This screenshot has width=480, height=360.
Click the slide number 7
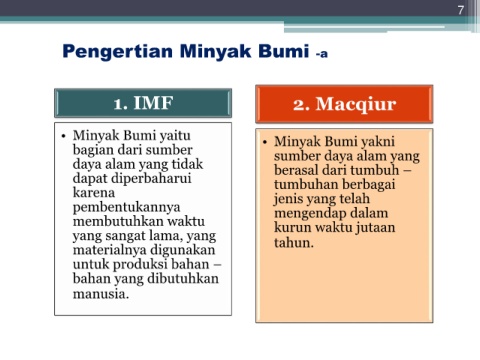click(x=461, y=10)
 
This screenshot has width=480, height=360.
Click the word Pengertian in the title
click(x=118, y=52)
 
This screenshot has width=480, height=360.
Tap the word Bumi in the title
click(x=284, y=51)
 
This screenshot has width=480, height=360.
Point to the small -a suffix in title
click(x=322, y=53)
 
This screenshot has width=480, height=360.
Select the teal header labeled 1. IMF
click(x=143, y=103)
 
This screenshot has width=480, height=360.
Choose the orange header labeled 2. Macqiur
click(x=344, y=104)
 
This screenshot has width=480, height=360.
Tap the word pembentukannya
click(x=126, y=208)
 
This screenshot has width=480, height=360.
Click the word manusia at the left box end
click(x=101, y=294)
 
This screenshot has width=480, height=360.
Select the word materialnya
click(x=109, y=250)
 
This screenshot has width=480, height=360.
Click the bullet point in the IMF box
click(x=63, y=136)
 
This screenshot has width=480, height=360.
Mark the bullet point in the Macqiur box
click(x=265, y=142)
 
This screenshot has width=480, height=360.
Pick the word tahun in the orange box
click(x=292, y=242)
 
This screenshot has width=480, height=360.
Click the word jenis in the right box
click(x=287, y=199)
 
